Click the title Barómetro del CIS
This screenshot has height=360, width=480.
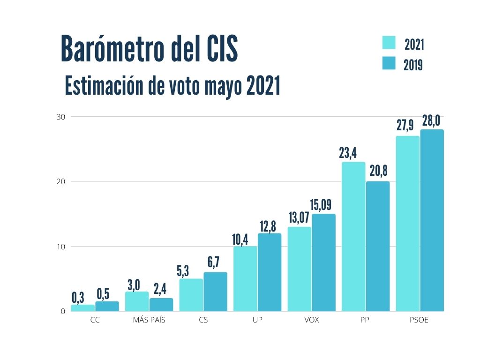click(149, 49)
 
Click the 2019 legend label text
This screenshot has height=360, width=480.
click(413, 65)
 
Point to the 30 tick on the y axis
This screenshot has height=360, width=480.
click(61, 116)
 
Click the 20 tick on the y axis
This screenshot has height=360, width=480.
click(61, 181)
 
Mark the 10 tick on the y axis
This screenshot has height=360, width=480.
click(61, 247)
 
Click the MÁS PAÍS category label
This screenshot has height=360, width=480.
click(149, 321)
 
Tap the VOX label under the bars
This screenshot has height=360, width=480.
click(311, 321)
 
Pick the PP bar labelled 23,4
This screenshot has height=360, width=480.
click(353, 236)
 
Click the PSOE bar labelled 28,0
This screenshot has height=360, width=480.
click(432, 220)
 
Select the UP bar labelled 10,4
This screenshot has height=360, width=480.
click(245, 278)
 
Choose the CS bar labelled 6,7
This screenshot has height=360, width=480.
click(215, 292)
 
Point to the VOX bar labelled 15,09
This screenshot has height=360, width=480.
click(323, 262)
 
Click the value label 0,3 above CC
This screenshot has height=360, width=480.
click(78, 297)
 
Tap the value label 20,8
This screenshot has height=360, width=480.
click(377, 170)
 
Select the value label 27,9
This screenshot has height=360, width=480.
click(407, 126)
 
